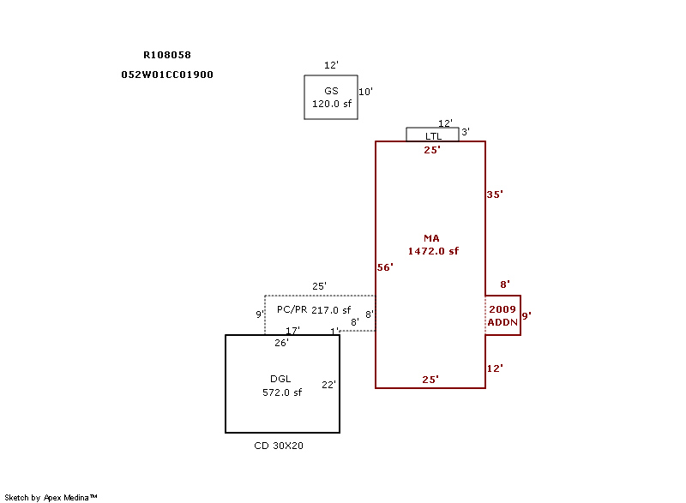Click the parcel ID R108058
(x=167, y=55)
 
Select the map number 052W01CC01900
(x=167, y=75)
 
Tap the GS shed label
(x=331, y=91)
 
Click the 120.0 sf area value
(x=331, y=104)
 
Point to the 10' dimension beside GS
(x=365, y=92)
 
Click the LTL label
(x=434, y=136)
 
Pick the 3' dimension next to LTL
(x=466, y=132)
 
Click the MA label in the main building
(x=431, y=238)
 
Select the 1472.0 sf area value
(x=433, y=251)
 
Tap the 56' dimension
(x=385, y=267)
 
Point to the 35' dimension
(x=495, y=195)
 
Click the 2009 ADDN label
(x=502, y=315)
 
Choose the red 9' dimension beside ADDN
(x=527, y=315)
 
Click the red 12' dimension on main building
(x=495, y=368)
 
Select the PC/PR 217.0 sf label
(x=314, y=310)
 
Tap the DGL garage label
(x=280, y=380)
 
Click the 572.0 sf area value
(x=282, y=392)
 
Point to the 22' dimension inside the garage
(x=328, y=386)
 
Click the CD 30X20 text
(x=279, y=446)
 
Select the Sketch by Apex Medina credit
(x=51, y=497)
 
